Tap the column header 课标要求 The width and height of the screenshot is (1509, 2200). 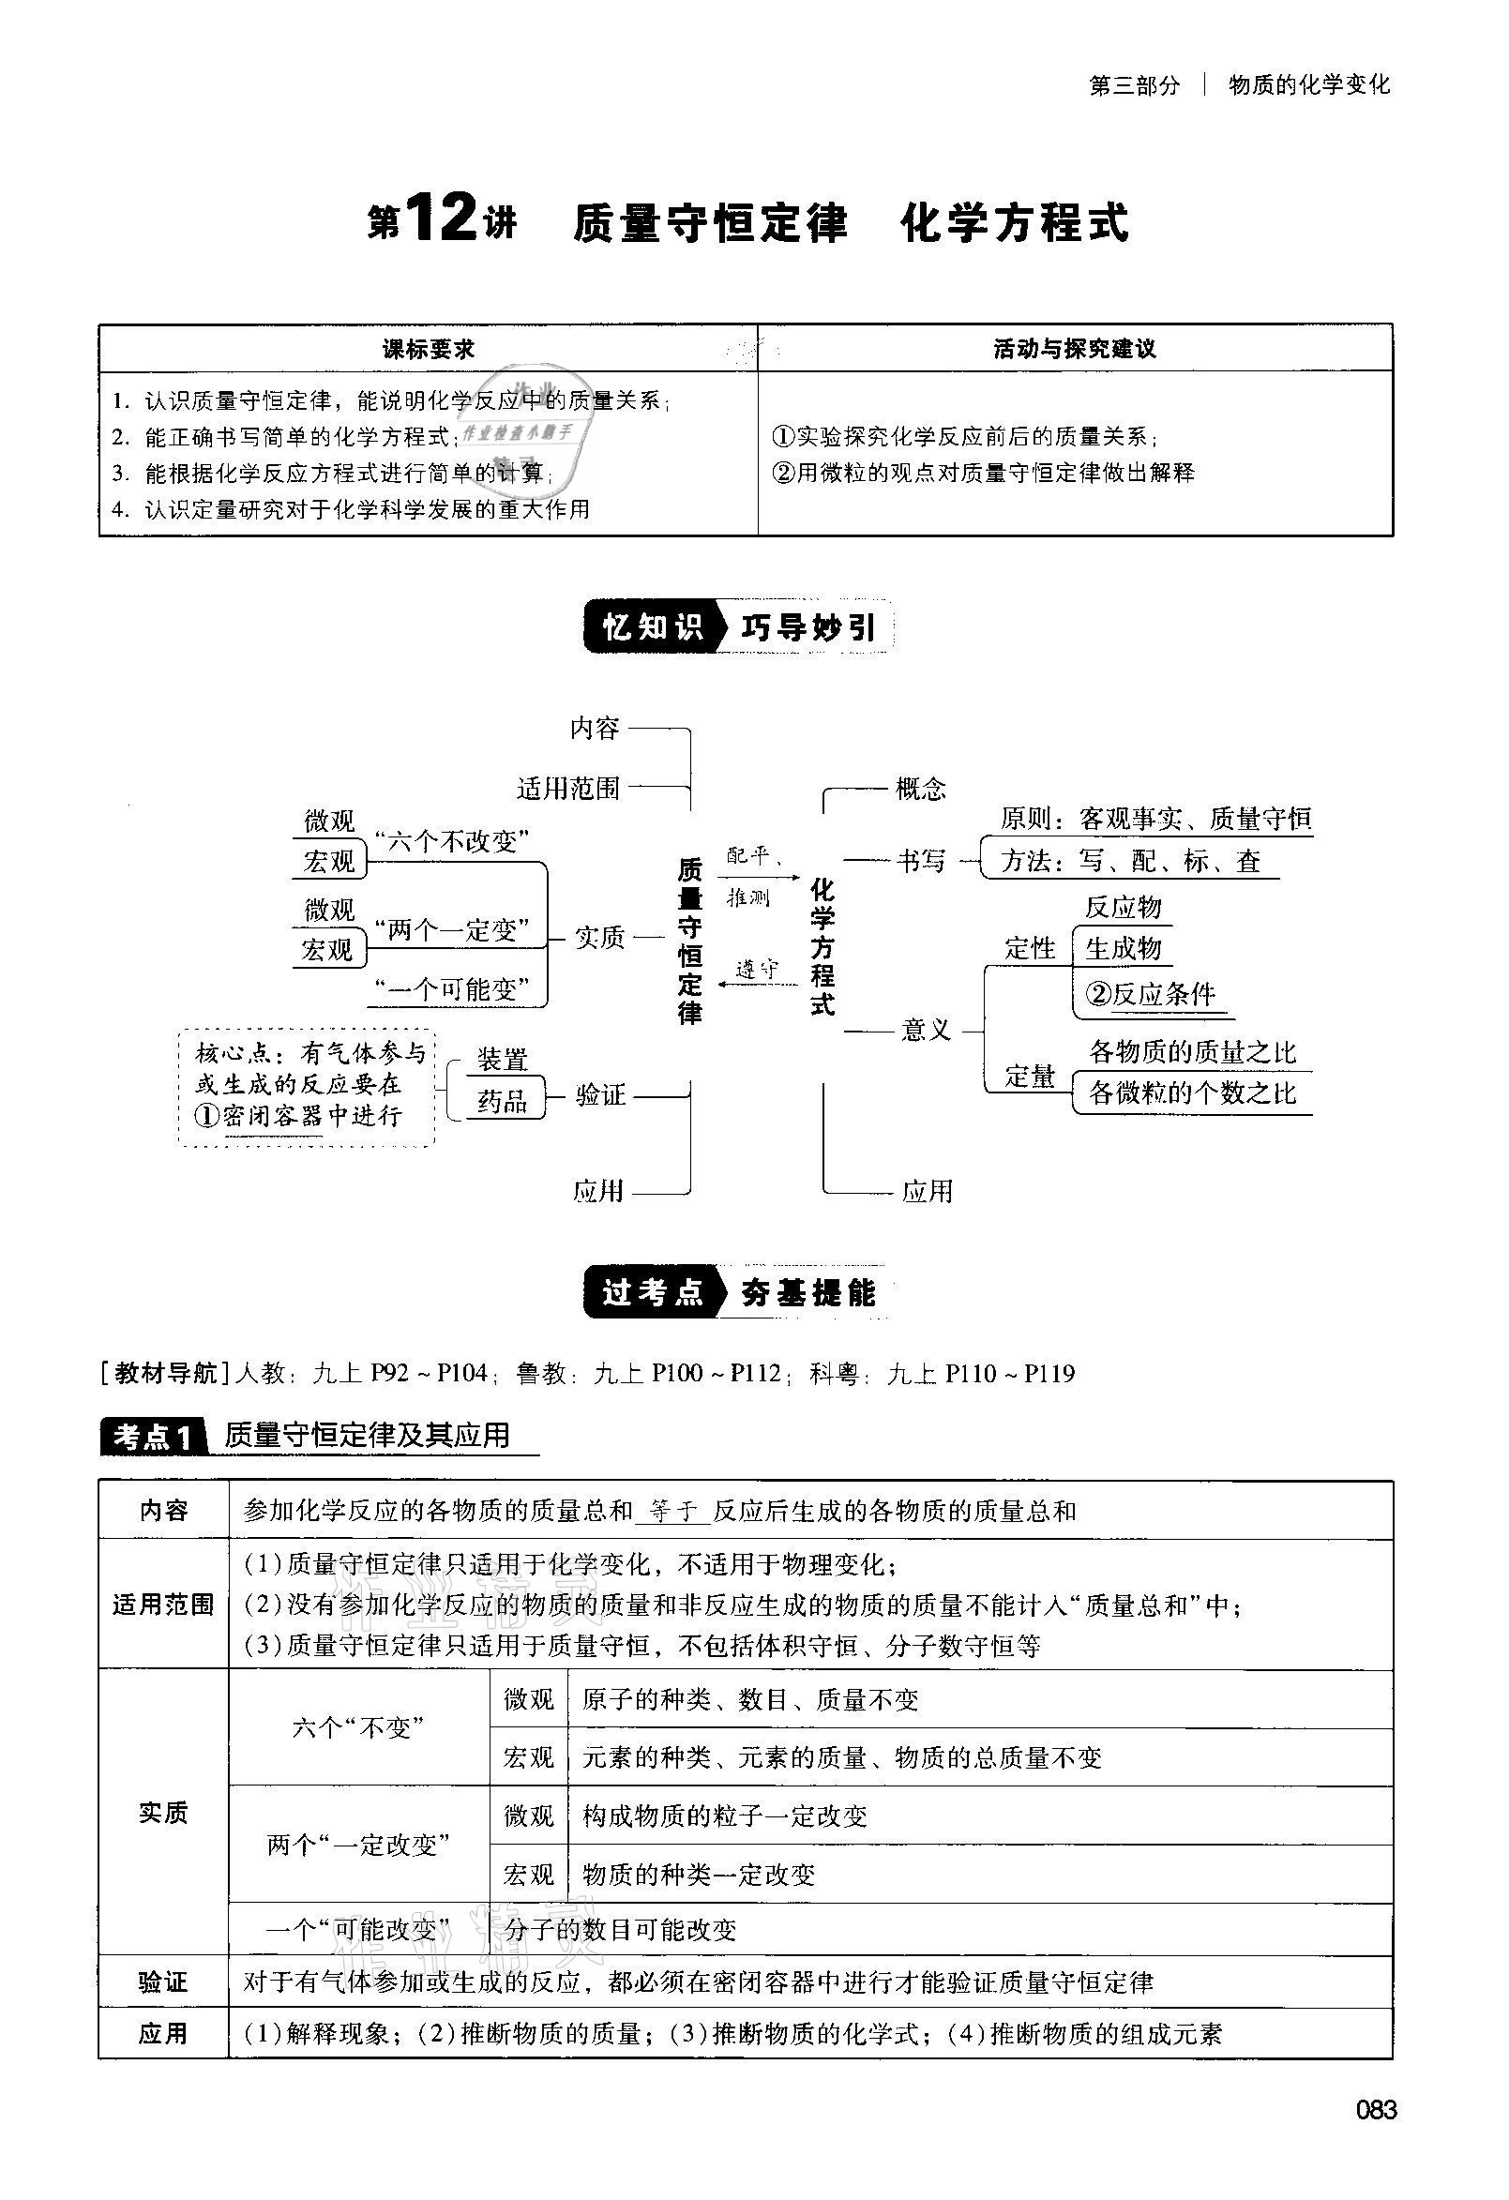tap(428, 349)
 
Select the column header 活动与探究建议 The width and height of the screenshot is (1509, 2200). tap(1075, 349)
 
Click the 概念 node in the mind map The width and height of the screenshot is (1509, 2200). tap(920, 788)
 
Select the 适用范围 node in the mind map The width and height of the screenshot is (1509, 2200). tap(568, 788)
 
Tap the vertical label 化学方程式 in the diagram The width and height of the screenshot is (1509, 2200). tap(822, 945)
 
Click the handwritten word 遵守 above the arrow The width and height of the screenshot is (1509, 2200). tap(757, 969)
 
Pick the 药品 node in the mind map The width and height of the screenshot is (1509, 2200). tap(502, 1100)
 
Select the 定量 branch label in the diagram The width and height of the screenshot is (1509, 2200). tap(1030, 1077)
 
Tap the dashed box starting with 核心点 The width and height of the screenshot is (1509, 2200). tap(307, 1088)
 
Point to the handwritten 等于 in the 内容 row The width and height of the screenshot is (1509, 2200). tap(673, 1511)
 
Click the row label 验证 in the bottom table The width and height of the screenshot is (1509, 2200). tap(163, 1982)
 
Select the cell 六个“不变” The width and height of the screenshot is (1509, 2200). tap(358, 1727)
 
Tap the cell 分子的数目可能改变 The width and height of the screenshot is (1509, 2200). tap(620, 1929)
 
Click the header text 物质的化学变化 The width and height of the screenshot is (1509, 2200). tap(1308, 85)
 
